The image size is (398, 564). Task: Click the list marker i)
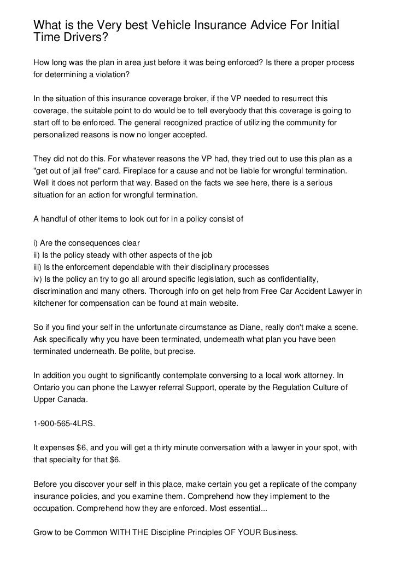(x=37, y=243)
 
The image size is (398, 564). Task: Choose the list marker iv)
(x=38, y=279)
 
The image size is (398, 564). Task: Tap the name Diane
(x=249, y=328)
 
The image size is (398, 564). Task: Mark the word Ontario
(x=48, y=387)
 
